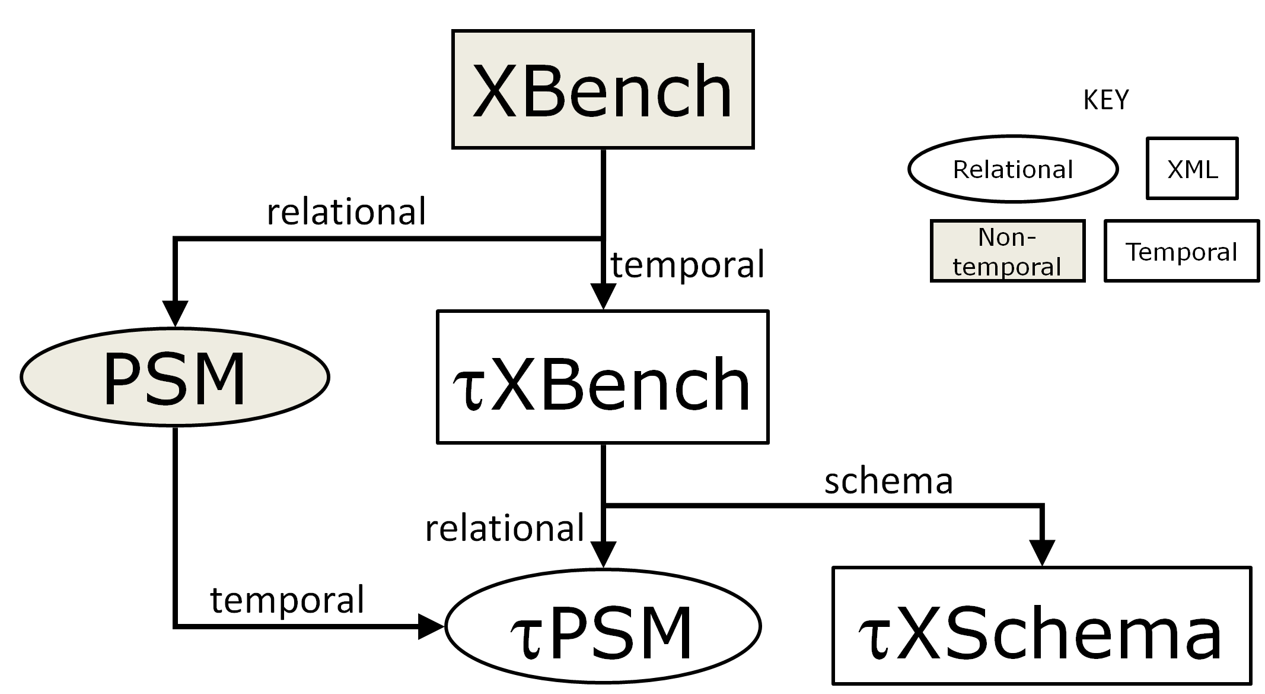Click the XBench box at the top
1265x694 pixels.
coord(603,89)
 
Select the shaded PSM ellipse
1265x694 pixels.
coord(175,377)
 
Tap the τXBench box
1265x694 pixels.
coord(603,377)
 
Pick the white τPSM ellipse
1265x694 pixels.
coord(603,626)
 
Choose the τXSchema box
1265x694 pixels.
coord(1041,626)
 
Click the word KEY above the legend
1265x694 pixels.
coord(1106,100)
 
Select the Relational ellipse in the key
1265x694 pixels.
coord(1013,169)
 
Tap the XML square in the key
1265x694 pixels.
coord(1192,169)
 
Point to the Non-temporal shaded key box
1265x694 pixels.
coord(1007,251)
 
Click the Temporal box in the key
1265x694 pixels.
coord(1181,251)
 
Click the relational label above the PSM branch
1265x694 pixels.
coord(346,211)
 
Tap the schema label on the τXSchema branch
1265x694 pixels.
coord(888,480)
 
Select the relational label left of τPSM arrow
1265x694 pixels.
coord(505,528)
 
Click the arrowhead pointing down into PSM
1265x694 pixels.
coord(176,313)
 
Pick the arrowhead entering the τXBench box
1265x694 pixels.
coord(603,296)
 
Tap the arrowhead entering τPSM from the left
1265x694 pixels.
coord(431,626)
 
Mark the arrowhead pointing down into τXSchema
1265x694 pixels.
coord(1042,553)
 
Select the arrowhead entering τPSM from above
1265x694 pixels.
coord(603,554)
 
